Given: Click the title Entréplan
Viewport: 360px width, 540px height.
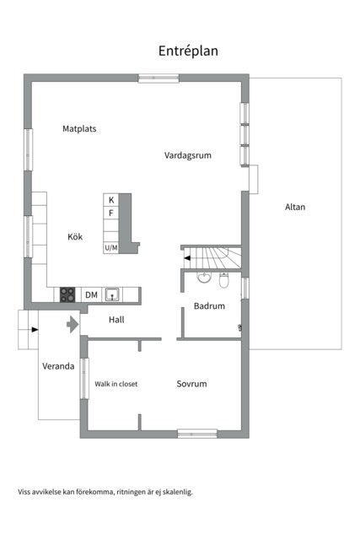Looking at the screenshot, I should pyautogui.click(x=188, y=51).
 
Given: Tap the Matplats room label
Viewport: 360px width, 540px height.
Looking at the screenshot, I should pyautogui.click(x=79, y=129).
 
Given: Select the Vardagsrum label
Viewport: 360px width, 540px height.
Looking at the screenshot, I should pyautogui.click(x=186, y=154).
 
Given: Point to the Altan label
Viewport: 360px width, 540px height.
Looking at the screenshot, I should pyautogui.click(x=295, y=207).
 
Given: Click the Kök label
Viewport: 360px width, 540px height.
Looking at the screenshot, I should pyautogui.click(x=76, y=237).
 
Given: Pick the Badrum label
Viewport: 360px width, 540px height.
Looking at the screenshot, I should pyautogui.click(x=209, y=306).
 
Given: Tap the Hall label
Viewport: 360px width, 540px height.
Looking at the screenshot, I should pyautogui.click(x=116, y=321).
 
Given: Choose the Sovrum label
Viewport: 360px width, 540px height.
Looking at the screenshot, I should pyautogui.click(x=191, y=384).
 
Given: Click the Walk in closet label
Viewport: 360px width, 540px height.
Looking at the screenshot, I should pyautogui.click(x=116, y=384).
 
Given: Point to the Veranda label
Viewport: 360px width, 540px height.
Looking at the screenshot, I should pyautogui.click(x=59, y=367).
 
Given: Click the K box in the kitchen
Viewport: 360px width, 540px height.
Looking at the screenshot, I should pyautogui.click(x=110, y=200).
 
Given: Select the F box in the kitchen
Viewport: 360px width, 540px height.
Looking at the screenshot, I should pyautogui.click(x=110, y=213).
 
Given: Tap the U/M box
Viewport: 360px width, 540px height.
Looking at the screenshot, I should pyautogui.click(x=110, y=248).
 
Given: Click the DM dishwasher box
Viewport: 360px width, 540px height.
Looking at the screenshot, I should pyautogui.click(x=91, y=294).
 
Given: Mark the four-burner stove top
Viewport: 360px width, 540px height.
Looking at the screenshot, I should pyautogui.click(x=67, y=294).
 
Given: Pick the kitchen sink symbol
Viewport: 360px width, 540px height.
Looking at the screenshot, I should pyautogui.click(x=112, y=294).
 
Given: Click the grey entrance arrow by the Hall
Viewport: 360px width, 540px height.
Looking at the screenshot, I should pyautogui.click(x=73, y=323).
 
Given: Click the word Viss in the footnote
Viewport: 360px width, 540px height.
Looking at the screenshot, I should pyautogui.click(x=25, y=491).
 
